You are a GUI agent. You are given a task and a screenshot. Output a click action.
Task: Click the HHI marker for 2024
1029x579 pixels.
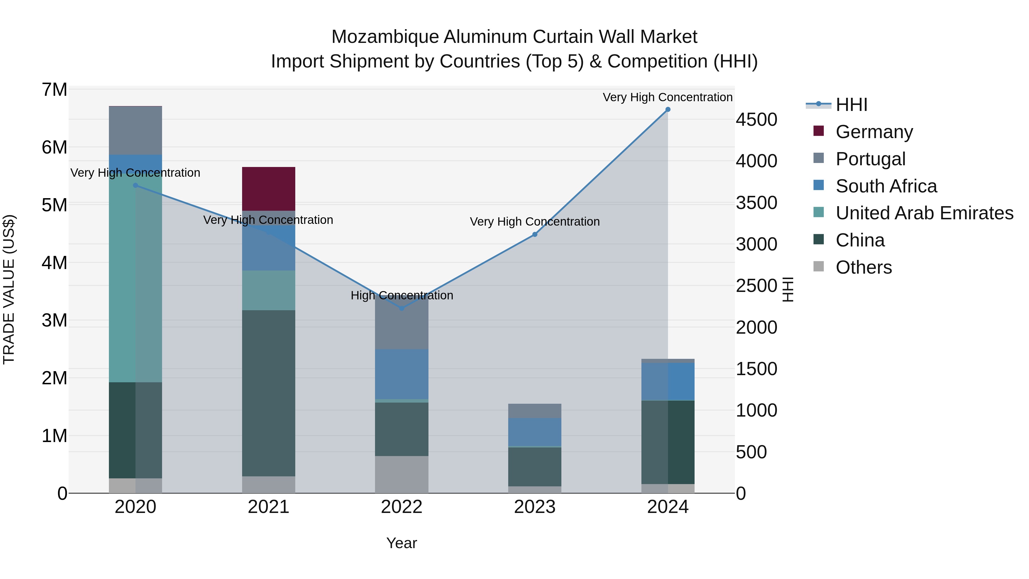667,110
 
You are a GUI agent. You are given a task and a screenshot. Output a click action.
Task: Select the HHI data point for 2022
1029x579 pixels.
402,309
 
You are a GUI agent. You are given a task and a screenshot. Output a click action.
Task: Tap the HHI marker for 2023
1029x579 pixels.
535,234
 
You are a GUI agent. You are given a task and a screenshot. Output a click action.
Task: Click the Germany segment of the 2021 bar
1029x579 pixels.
268,189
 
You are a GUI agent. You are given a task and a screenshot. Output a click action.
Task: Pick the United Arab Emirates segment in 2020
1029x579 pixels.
135,280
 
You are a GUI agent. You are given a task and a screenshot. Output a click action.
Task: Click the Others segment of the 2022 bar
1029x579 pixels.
402,474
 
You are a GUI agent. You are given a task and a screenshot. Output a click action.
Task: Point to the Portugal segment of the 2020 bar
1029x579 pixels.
135,131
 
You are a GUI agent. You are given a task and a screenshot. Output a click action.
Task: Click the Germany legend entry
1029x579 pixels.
874,132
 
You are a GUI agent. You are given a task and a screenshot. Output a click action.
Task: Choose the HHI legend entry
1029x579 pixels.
851,105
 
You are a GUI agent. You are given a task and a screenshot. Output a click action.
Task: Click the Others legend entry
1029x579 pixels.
864,267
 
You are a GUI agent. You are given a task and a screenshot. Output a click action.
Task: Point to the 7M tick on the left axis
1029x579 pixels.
54,90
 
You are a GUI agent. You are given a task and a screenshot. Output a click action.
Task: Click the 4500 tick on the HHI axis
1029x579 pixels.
756,120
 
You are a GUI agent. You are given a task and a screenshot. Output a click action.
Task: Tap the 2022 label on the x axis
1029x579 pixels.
402,507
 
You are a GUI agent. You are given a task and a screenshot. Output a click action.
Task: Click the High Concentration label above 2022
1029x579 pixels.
402,296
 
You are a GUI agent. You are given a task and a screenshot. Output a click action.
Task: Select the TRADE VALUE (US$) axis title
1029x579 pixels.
9,289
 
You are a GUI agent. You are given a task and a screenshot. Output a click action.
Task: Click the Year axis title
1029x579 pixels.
402,543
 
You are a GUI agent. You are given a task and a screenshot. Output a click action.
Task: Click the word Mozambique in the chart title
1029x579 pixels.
385,37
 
